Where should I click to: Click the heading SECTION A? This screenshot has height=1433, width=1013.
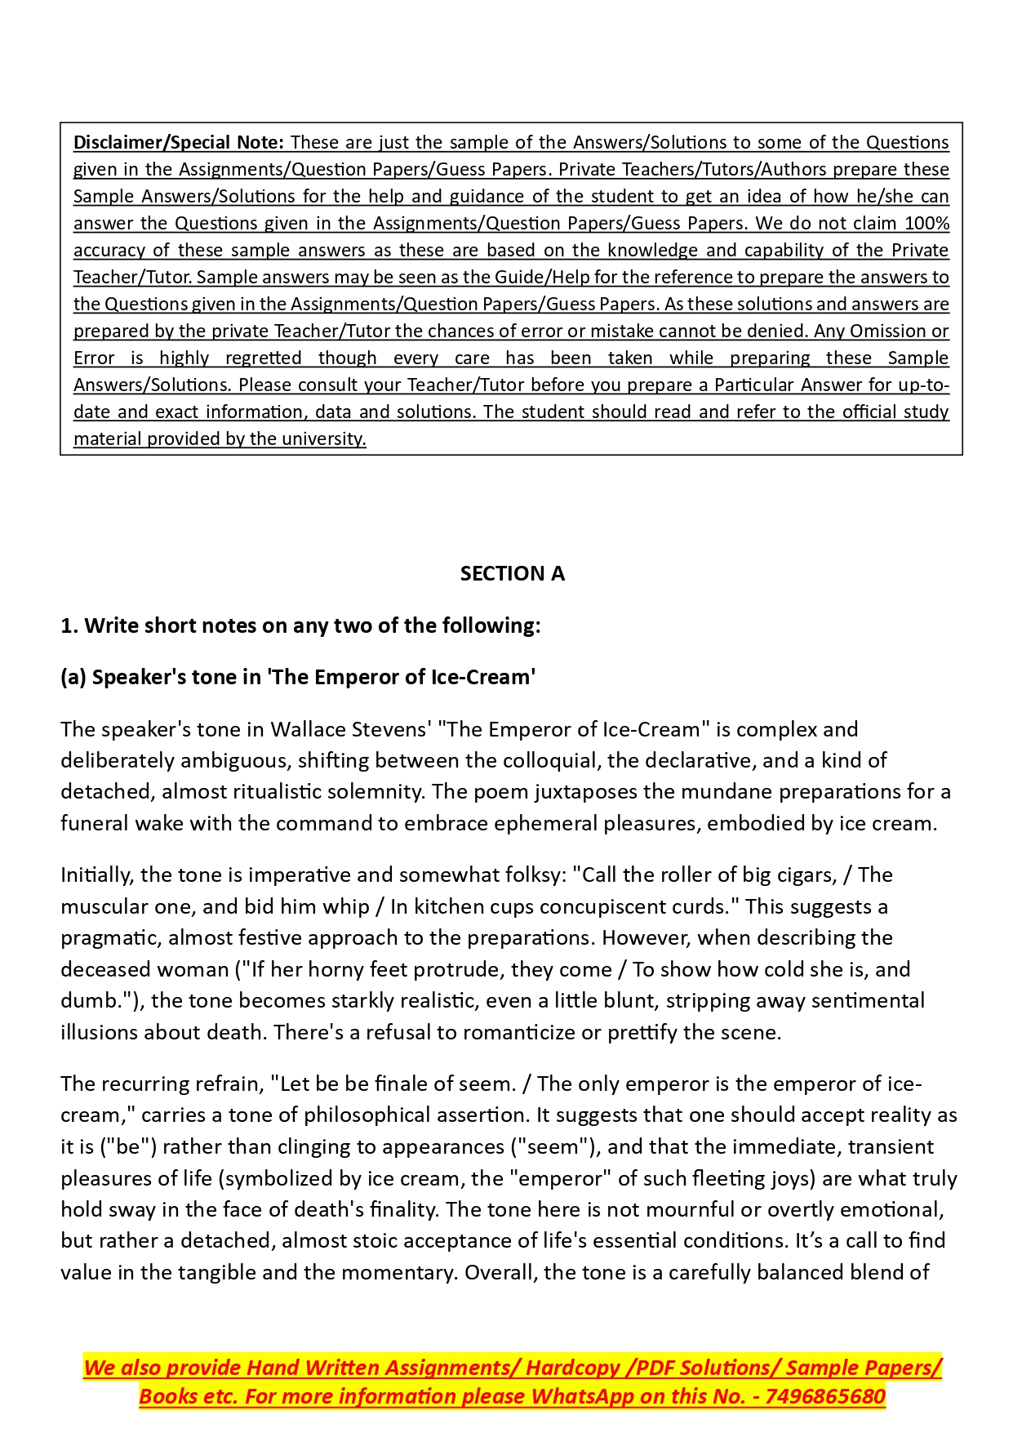(x=512, y=574)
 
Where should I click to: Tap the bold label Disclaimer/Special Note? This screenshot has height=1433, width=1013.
(x=179, y=143)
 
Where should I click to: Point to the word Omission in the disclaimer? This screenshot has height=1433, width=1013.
(x=887, y=332)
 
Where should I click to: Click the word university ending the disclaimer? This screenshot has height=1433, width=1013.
(x=325, y=439)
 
